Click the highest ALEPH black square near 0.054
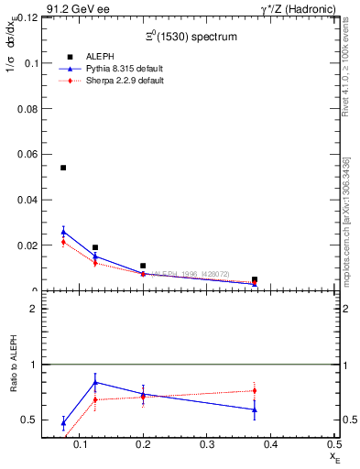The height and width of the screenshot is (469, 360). (x=63, y=168)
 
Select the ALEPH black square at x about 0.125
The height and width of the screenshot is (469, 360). (x=95, y=247)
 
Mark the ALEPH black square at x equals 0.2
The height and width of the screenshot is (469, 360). (x=143, y=266)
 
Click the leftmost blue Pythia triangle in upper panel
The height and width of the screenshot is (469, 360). (x=63, y=232)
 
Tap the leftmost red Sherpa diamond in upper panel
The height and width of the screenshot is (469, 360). (x=63, y=242)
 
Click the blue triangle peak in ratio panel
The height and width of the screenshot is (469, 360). (x=95, y=382)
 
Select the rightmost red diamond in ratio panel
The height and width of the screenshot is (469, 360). (x=255, y=390)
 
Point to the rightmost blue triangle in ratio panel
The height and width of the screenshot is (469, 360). (x=255, y=409)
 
